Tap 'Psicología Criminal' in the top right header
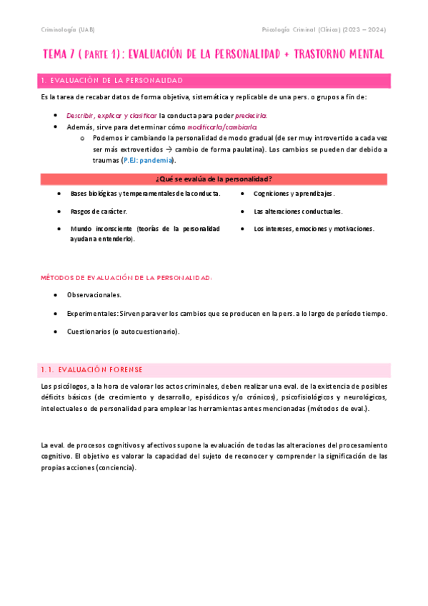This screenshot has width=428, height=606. (290, 29)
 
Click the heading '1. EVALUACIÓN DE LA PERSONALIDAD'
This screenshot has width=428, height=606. (112, 80)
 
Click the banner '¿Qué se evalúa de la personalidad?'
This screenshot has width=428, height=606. (214, 178)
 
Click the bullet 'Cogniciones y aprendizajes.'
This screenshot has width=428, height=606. (294, 194)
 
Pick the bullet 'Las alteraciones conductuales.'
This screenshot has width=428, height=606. (298, 212)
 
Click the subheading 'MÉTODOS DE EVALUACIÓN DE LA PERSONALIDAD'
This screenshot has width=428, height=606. (126, 277)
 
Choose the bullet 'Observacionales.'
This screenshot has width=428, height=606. (94, 294)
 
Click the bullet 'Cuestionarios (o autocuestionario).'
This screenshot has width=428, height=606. (124, 332)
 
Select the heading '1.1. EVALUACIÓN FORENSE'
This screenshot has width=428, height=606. (92, 369)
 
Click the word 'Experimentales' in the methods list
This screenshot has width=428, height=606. (92, 313)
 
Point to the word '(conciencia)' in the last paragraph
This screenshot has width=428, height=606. (115, 467)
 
